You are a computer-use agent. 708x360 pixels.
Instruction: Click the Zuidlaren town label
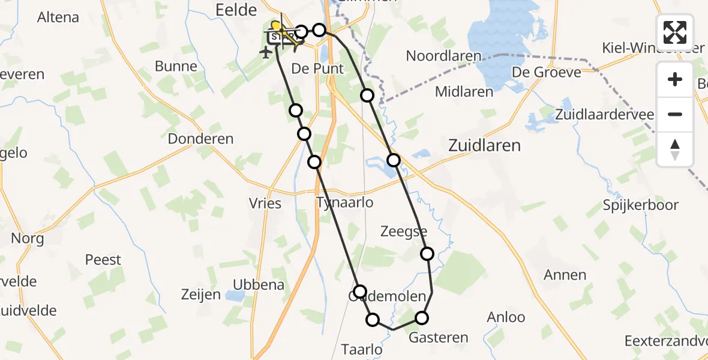point(485,145)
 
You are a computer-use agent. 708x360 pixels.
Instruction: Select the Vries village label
point(265,203)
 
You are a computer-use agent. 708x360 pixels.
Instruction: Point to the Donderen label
point(200,139)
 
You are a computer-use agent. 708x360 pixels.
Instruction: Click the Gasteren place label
point(438,338)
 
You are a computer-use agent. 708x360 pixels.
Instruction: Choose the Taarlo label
point(361,349)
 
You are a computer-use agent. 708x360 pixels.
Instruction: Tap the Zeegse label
point(404,232)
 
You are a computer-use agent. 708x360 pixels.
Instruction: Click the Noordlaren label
point(443,56)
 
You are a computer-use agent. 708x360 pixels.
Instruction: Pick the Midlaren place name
point(464,92)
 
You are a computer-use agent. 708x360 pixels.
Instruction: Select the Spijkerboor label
point(641,205)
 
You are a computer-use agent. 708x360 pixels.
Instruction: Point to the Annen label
point(565,275)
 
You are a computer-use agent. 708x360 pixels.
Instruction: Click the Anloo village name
point(506,317)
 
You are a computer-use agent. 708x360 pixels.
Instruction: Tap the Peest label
point(103,260)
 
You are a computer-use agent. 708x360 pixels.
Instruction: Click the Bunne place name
point(176,67)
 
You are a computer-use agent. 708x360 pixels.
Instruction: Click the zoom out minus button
point(675,114)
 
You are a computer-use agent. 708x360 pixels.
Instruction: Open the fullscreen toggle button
point(675,32)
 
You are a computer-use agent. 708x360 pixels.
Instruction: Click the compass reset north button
point(675,149)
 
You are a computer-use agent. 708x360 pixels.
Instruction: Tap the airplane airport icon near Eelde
point(265,52)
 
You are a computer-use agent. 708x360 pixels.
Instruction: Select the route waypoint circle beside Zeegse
point(427,254)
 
